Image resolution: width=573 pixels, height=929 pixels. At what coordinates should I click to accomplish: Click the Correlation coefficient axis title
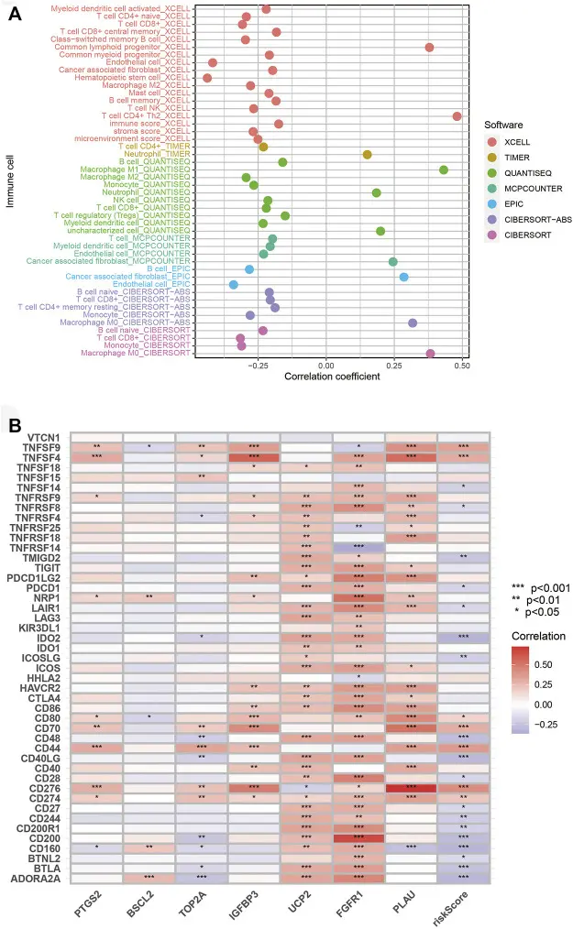(x=332, y=377)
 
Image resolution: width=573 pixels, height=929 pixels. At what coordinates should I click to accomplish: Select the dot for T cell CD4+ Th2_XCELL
(x=457, y=116)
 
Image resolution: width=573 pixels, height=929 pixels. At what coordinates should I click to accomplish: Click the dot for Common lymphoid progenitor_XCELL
(x=429, y=47)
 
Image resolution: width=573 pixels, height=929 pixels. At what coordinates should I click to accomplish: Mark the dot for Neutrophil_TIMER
(x=367, y=155)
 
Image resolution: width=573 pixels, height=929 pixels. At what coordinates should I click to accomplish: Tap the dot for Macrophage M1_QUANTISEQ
(x=444, y=169)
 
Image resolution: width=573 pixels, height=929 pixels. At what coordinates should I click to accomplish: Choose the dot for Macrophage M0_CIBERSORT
(x=431, y=353)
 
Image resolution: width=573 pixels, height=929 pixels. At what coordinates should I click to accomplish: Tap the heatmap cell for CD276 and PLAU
(x=412, y=783)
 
